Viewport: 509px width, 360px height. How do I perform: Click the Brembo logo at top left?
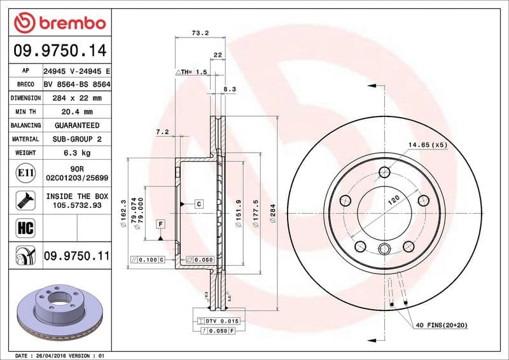click(x=59, y=23)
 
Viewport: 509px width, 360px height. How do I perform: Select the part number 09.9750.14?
click(x=59, y=49)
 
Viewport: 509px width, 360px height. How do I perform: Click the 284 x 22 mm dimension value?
click(x=77, y=98)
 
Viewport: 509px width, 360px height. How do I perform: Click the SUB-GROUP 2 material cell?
click(x=77, y=139)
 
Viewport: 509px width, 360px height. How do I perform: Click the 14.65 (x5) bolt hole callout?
click(x=428, y=145)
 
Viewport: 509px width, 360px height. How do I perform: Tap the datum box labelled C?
click(x=199, y=204)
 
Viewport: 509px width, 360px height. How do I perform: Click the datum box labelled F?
click(x=160, y=224)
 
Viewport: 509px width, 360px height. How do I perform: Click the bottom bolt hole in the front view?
click(x=384, y=249)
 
